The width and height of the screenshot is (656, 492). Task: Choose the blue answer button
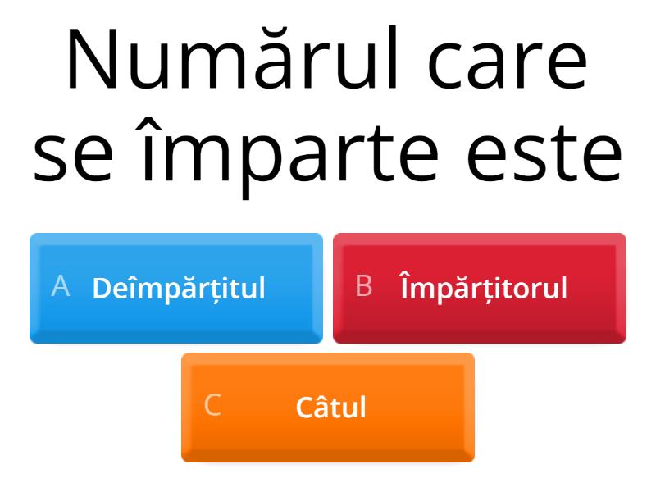176,288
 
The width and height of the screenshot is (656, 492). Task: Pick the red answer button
480,288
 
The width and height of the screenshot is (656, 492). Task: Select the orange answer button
328,408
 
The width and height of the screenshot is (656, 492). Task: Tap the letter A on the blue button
60,286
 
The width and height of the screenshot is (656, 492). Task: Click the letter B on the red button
364,286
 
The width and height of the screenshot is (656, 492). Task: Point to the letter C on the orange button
212,406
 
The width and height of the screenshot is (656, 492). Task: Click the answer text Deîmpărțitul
179,289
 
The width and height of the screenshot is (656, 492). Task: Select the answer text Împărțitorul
484,288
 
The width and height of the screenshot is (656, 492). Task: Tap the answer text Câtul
330,408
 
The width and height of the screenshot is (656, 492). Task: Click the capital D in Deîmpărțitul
101,289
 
